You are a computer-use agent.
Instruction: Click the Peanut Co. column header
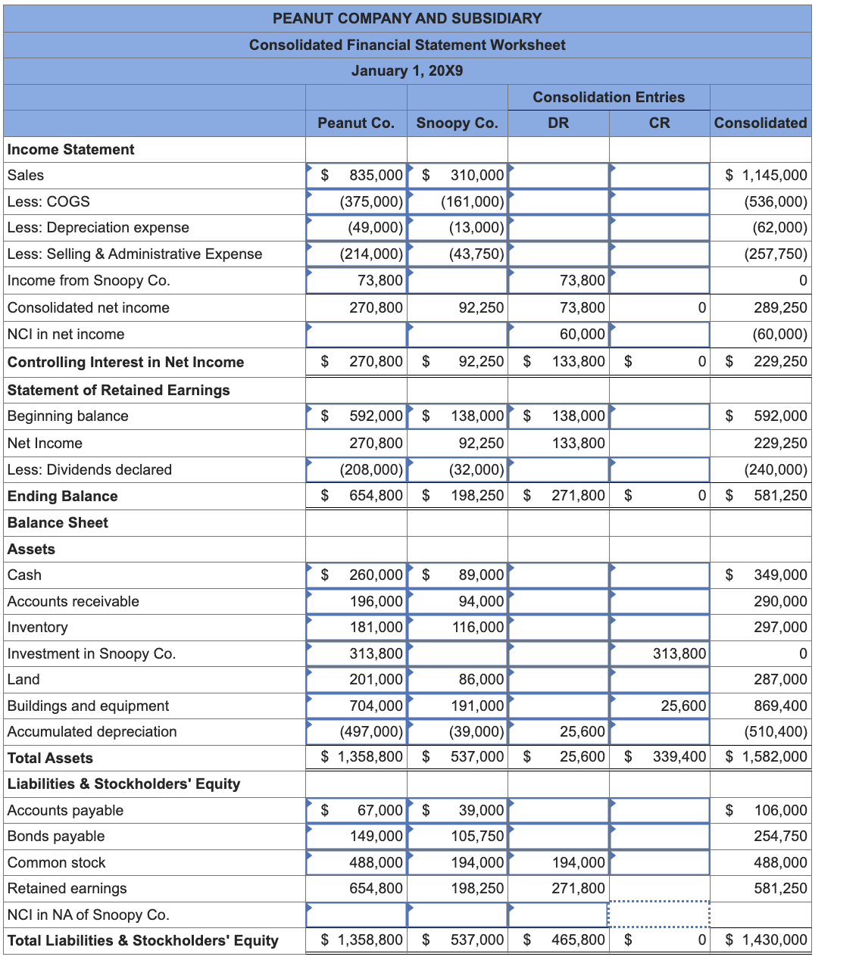[356, 123]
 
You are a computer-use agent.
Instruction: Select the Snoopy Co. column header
[457, 123]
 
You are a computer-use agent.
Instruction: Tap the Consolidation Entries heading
[608, 97]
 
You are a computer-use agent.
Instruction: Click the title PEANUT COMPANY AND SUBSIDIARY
[407, 18]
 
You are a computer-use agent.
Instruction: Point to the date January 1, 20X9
[407, 70]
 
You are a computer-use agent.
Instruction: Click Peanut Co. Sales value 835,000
[376, 175]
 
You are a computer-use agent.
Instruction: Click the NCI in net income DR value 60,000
[582, 334]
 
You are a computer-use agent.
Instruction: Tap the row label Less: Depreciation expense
[98, 227]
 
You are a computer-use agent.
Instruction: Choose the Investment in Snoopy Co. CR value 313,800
[679, 653]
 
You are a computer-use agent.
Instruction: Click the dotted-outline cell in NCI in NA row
[658, 914]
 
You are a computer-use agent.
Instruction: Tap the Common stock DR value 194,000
[578, 862]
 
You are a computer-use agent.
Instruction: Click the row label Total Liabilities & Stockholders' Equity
[143, 940]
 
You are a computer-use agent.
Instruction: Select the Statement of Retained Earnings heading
[118, 390]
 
